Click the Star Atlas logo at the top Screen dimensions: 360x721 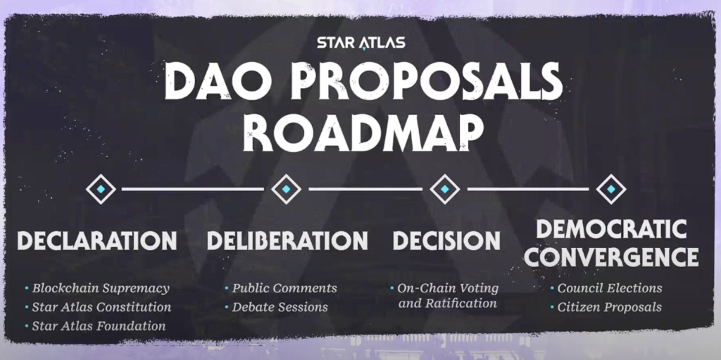click(360, 42)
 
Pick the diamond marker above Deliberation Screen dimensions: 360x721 click(286, 190)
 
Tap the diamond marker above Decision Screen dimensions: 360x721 click(445, 190)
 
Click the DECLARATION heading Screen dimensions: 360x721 click(97, 241)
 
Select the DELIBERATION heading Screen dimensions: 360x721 click(287, 241)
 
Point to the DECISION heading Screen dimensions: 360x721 click(446, 241)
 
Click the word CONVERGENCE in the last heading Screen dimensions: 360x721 click(611, 256)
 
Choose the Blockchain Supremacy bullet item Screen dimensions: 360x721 click(101, 288)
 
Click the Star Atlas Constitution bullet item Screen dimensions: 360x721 click(101, 307)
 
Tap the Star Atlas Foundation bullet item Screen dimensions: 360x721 click(99, 326)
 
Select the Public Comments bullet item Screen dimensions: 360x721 click(284, 288)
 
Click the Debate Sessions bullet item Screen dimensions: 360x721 click(280, 307)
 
